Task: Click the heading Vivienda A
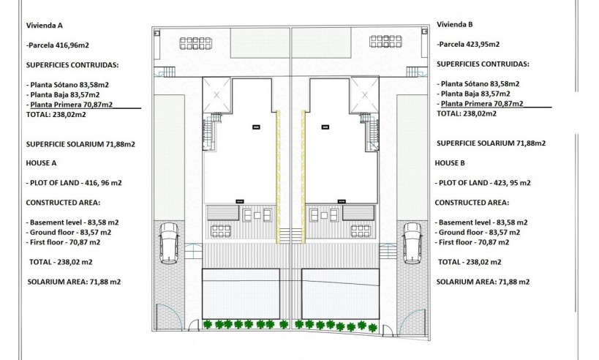click(x=45, y=25)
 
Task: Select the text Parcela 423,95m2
click(x=469, y=44)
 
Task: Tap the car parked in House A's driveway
click(x=168, y=242)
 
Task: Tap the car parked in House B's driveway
click(x=411, y=242)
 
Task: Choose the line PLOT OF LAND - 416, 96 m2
click(x=75, y=182)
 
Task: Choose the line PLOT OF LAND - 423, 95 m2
click(x=483, y=182)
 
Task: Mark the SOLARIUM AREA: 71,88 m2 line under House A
click(x=74, y=281)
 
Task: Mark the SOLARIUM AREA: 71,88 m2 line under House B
click(x=483, y=281)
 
